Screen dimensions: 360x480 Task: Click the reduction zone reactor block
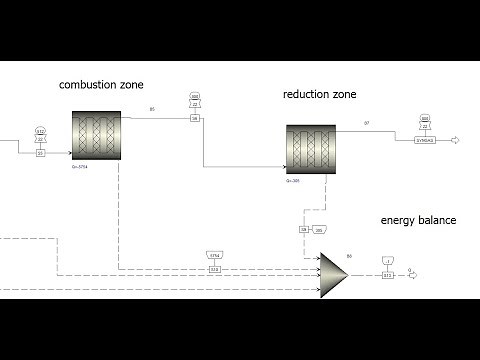(x=311, y=150)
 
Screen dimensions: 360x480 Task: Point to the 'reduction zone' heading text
(x=320, y=95)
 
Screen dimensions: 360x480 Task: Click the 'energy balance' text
(x=417, y=219)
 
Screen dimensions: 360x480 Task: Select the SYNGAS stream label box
(x=425, y=141)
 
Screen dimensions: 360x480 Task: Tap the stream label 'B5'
(x=152, y=108)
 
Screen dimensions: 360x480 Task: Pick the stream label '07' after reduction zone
(x=367, y=123)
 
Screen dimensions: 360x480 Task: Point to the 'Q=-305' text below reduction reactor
(x=293, y=182)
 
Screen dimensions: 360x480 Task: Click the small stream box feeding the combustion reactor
(x=41, y=152)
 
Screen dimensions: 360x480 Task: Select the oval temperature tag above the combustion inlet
(x=41, y=131)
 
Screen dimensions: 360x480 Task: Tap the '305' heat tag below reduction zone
(x=319, y=230)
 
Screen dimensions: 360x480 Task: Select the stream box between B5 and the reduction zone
(x=195, y=119)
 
